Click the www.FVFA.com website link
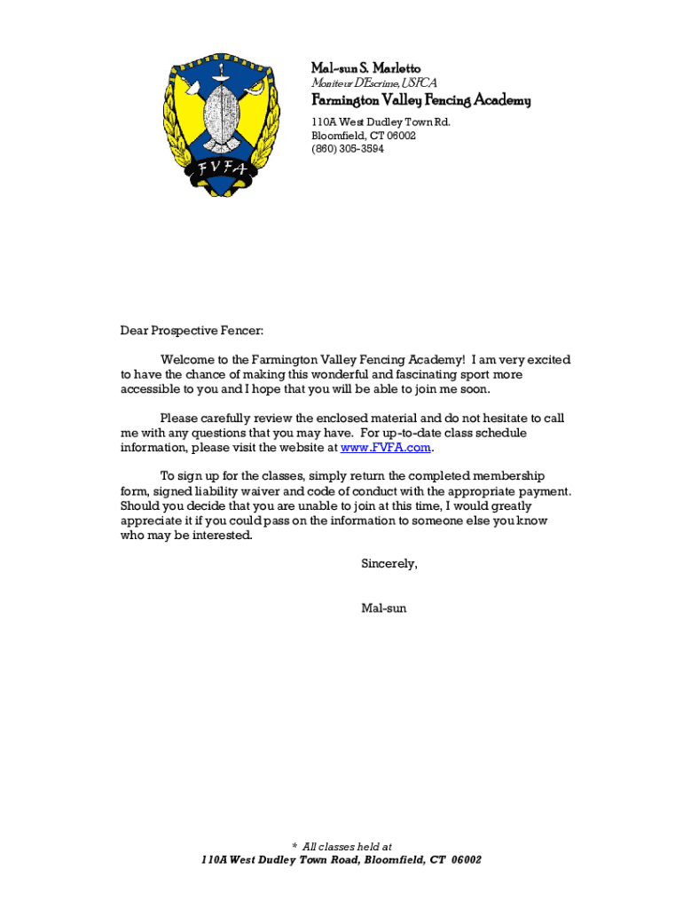[x=392, y=448]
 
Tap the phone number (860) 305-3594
[x=347, y=149]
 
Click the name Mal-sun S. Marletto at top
[x=365, y=68]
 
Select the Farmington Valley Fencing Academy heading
[x=420, y=100]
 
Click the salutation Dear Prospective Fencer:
[x=192, y=331]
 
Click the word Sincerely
[x=389, y=564]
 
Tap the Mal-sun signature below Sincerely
[x=383, y=608]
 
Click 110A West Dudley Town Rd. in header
[x=380, y=122]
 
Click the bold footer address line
[x=341, y=860]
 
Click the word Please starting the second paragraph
[x=180, y=418]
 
